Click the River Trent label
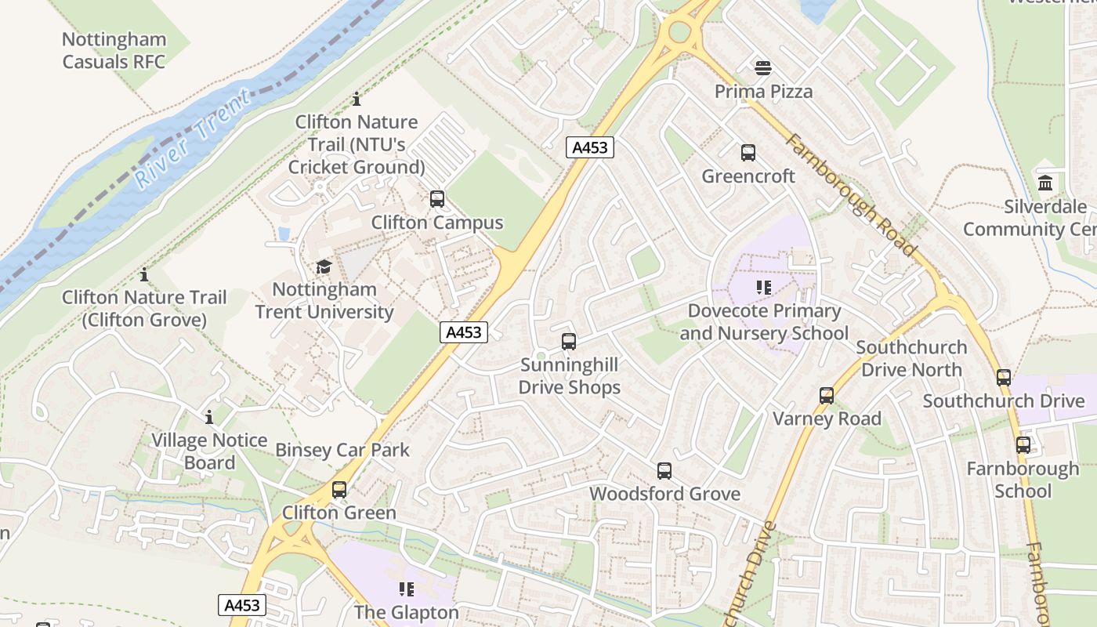193,140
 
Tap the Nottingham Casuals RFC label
114,50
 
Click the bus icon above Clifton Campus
437,199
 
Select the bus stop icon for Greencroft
748,153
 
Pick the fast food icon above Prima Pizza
763,68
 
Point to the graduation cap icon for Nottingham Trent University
324,266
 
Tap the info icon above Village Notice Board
209,417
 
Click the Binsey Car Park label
342,450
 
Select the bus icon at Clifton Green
339,490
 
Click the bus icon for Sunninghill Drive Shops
569,342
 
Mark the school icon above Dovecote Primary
764,288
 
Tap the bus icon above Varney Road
827,396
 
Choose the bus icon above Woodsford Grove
664,471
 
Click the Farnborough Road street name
851,195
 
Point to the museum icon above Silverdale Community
1045,183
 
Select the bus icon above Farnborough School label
1023,445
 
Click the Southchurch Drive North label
911,358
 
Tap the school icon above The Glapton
406,589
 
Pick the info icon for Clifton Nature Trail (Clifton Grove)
144,275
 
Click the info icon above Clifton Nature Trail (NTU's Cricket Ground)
357,100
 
